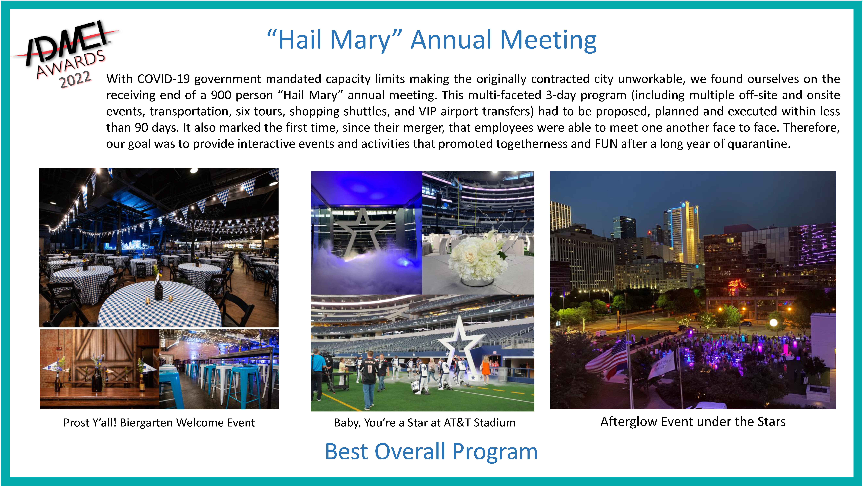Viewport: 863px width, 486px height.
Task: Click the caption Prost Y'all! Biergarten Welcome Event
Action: [159, 423]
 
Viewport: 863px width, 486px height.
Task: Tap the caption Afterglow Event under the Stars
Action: [693, 422]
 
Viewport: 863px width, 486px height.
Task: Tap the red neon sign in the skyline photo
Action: [737, 287]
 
